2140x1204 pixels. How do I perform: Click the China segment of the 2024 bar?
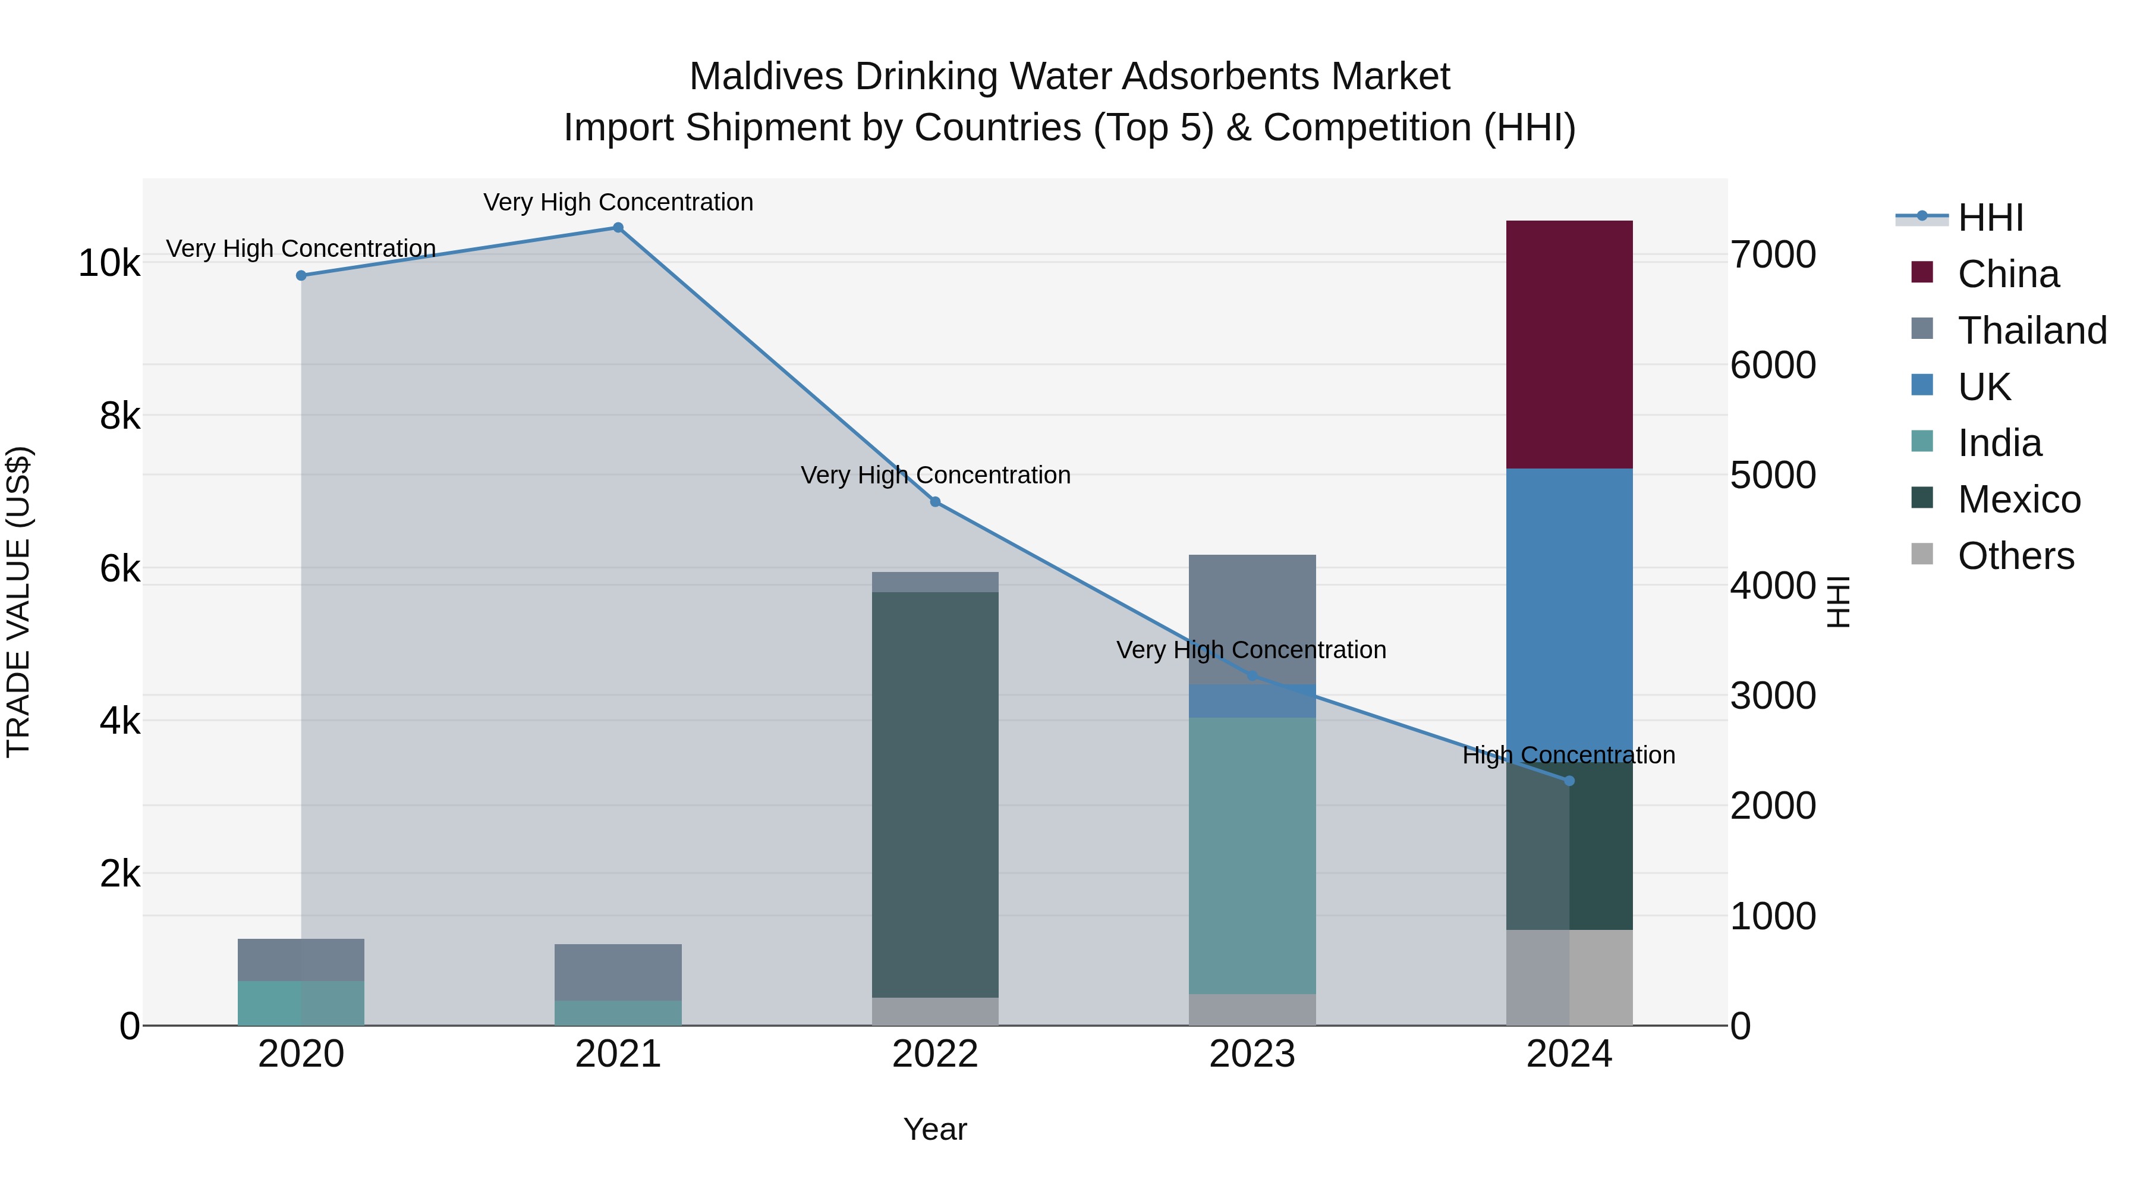1569,344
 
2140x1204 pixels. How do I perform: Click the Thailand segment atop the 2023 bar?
1252,618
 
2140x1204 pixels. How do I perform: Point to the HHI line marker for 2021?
618,228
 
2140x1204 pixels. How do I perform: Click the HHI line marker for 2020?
301,276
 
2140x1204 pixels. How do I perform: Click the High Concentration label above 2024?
1569,755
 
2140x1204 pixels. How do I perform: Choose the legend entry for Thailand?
2031,331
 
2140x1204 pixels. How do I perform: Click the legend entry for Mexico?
2018,499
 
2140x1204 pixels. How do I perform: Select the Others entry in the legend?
2015,556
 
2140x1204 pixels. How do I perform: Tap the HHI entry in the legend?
1990,218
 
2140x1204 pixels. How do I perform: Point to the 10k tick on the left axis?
109,263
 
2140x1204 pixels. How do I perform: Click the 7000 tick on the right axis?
1773,254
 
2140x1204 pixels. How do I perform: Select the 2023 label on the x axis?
1252,1054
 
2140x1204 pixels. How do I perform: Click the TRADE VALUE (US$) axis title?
18,602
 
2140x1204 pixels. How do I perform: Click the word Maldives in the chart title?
765,77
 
